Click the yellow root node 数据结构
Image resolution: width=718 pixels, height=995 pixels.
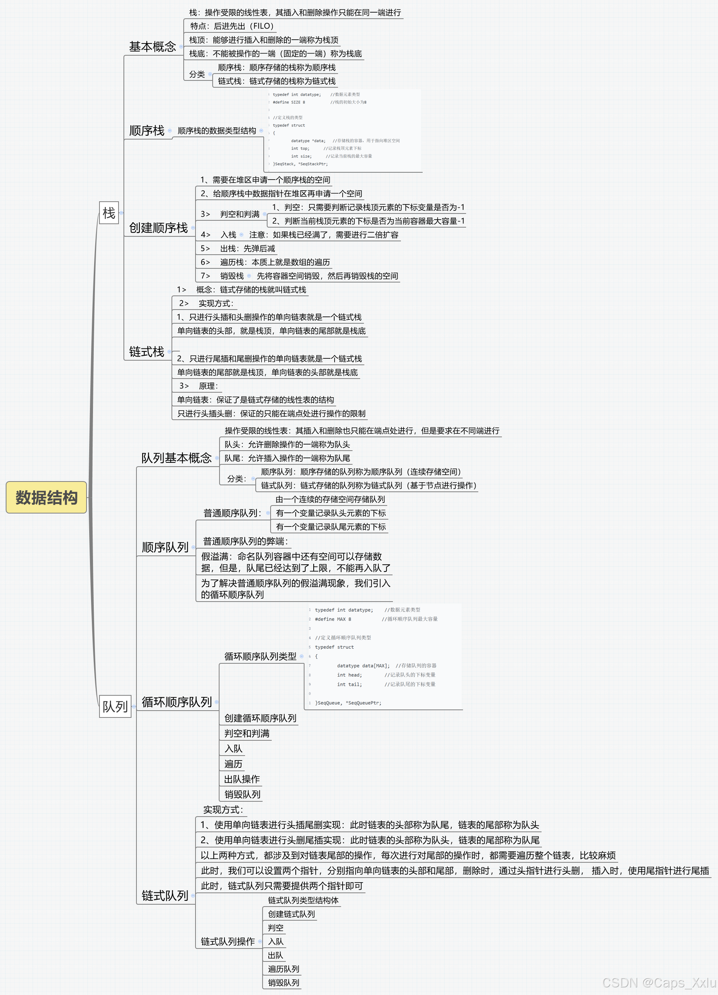(x=46, y=497)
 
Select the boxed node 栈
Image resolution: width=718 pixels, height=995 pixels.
(x=109, y=213)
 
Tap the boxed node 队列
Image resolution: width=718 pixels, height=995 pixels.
(x=115, y=706)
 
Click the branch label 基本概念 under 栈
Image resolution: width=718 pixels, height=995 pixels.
(x=152, y=47)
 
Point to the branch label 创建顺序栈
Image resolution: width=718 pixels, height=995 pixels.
(x=158, y=228)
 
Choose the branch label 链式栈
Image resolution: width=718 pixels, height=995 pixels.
(x=146, y=351)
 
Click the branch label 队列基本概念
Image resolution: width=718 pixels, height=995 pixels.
(x=176, y=458)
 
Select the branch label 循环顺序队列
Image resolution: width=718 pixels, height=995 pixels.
(x=177, y=702)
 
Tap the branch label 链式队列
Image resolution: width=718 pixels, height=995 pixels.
(x=165, y=895)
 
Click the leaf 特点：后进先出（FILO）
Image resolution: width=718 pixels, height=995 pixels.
(x=232, y=26)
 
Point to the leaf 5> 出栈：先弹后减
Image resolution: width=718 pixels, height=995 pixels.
(x=238, y=249)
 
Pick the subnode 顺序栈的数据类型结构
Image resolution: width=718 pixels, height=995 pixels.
(x=217, y=131)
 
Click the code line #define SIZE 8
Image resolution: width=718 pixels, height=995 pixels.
(x=288, y=102)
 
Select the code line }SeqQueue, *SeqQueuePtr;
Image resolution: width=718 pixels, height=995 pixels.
(x=348, y=703)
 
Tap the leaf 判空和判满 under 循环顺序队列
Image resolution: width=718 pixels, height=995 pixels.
(x=247, y=733)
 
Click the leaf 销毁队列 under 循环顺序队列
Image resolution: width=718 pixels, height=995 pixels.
(x=242, y=794)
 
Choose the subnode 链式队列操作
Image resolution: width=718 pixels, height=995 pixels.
(x=228, y=942)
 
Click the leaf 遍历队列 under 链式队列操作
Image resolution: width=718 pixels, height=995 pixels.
(x=283, y=969)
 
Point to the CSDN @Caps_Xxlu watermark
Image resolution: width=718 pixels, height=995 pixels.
(x=659, y=983)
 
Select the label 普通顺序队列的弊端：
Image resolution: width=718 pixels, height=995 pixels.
(x=245, y=541)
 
